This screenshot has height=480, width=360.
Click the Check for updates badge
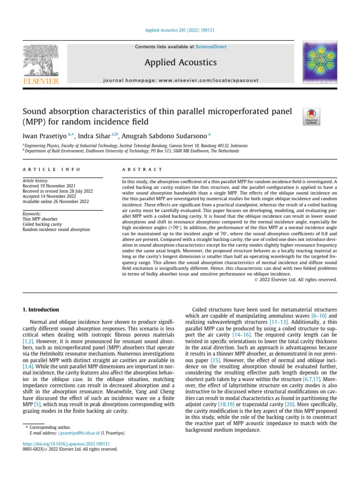click(x=312, y=116)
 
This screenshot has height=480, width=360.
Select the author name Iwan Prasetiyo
click(x=45, y=136)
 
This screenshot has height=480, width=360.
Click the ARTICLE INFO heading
click(x=52, y=169)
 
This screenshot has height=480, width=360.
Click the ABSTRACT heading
click(x=142, y=169)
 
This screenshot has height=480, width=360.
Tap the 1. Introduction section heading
click(x=41, y=310)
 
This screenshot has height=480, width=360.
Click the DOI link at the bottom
click(x=66, y=443)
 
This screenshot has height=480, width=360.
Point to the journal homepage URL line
click(x=181, y=80)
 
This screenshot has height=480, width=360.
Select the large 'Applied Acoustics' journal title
click(x=180, y=62)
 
